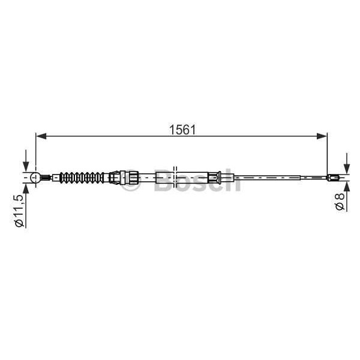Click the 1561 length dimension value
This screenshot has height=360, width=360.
182,130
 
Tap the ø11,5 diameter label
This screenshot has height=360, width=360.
19,210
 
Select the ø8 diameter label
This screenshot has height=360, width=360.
339,201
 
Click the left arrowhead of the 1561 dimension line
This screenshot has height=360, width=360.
40,137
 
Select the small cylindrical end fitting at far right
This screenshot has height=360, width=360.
335,177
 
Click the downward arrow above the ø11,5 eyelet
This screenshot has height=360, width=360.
25,164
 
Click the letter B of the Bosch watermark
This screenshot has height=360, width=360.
164,180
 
